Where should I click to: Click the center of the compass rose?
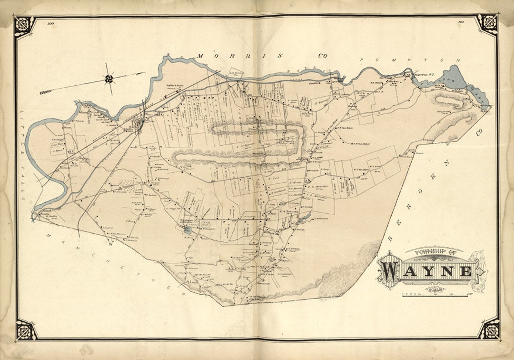(x=109, y=79)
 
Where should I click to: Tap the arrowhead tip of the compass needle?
(x=145, y=73)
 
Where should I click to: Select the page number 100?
(x=50, y=22)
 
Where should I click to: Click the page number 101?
(x=461, y=22)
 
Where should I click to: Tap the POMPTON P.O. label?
(x=423, y=75)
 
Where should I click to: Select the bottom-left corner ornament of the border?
(x=26, y=330)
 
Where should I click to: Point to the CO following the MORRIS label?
(x=323, y=56)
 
